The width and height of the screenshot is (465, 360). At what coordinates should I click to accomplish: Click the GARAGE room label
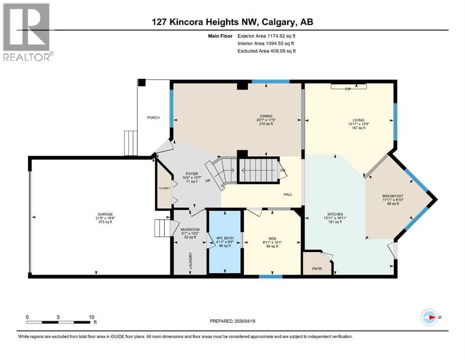102,214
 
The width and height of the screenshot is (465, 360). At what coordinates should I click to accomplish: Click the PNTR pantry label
317,270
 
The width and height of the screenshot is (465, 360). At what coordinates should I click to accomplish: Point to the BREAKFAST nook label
392,196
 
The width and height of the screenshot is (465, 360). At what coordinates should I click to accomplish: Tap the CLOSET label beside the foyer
164,187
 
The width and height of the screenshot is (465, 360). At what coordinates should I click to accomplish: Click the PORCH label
153,118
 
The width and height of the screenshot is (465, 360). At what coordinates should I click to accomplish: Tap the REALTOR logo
28,32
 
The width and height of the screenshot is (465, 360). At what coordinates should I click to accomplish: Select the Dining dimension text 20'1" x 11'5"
266,120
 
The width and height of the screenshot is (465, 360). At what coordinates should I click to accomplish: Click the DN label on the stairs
283,170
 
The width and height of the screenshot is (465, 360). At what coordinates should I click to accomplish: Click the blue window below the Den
271,277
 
